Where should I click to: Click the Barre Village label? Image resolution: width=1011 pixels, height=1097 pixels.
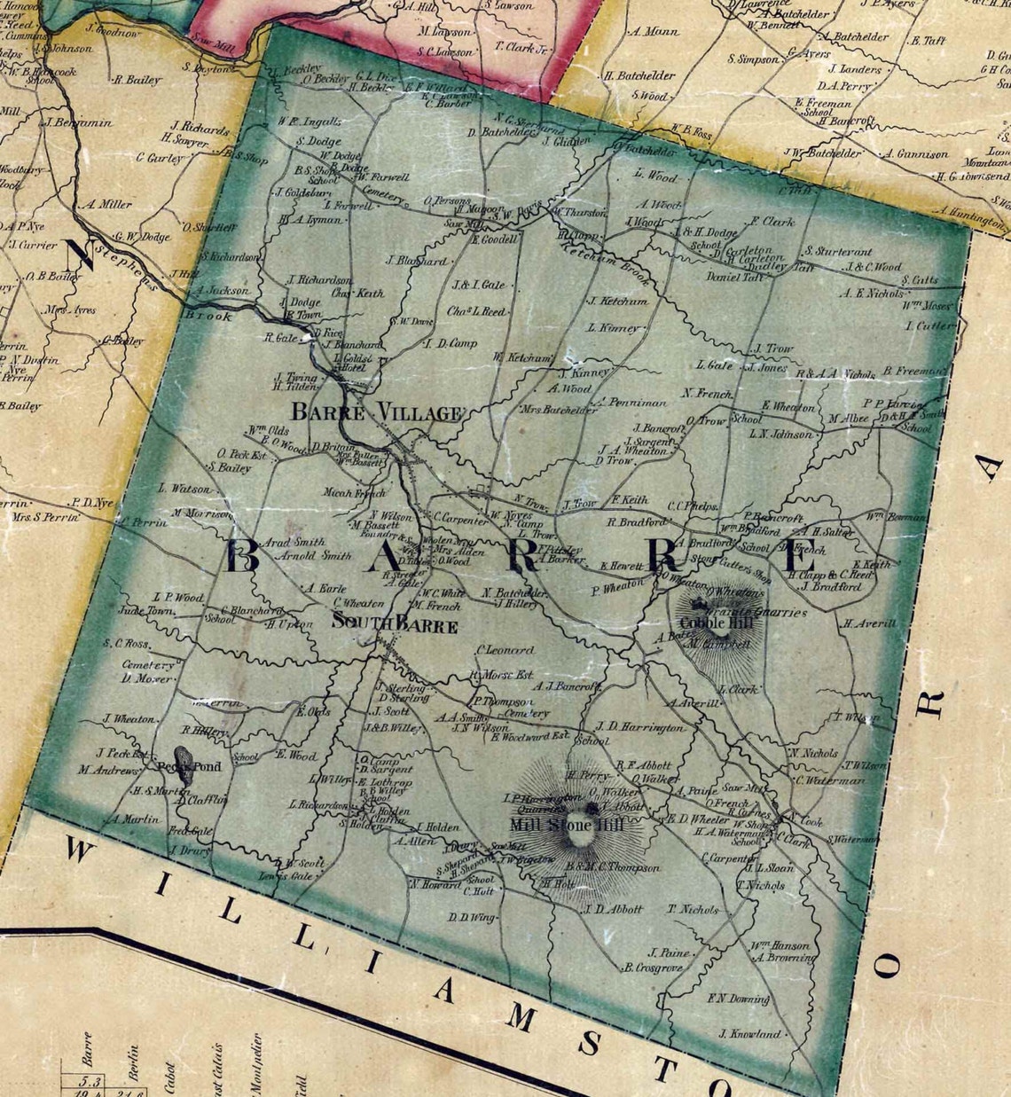coord(377,412)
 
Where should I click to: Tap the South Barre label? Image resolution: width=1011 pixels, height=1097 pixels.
coord(395,625)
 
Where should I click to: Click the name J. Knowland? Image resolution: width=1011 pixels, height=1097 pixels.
coord(750,1033)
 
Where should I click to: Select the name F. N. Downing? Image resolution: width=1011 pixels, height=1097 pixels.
coord(738,999)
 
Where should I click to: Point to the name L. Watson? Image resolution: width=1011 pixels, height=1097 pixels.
coord(184,489)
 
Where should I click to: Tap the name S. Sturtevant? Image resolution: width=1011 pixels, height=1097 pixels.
coord(838,252)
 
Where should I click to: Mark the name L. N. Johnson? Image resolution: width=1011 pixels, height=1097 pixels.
coord(780,435)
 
